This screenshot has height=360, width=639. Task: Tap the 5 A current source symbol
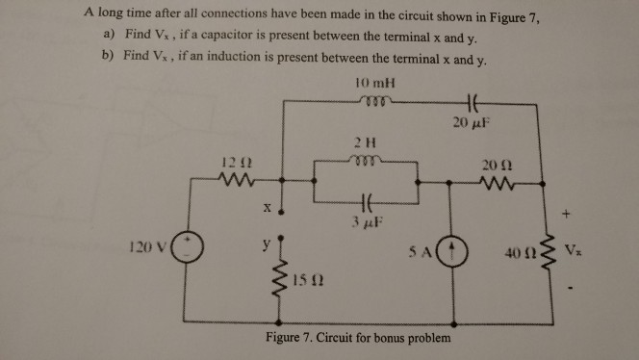[x=452, y=251]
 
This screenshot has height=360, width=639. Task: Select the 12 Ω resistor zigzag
[x=237, y=179]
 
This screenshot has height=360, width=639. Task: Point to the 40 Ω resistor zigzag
[x=549, y=253]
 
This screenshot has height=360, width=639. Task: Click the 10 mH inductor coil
[x=375, y=100]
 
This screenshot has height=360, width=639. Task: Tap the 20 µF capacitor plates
[x=472, y=103]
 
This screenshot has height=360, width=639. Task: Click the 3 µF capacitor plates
[x=366, y=201]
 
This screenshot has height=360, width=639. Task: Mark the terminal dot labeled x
[x=281, y=212]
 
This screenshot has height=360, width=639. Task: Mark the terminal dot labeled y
[x=281, y=238]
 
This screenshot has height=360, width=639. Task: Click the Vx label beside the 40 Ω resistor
[x=573, y=249]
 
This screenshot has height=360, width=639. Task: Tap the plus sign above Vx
[x=566, y=214]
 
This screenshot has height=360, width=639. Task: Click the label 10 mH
[x=375, y=83]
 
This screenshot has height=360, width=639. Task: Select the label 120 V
[x=148, y=246]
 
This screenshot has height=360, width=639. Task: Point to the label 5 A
[x=421, y=252]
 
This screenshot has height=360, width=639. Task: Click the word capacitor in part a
[x=226, y=35]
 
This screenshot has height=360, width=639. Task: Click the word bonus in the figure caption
[x=391, y=338]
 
